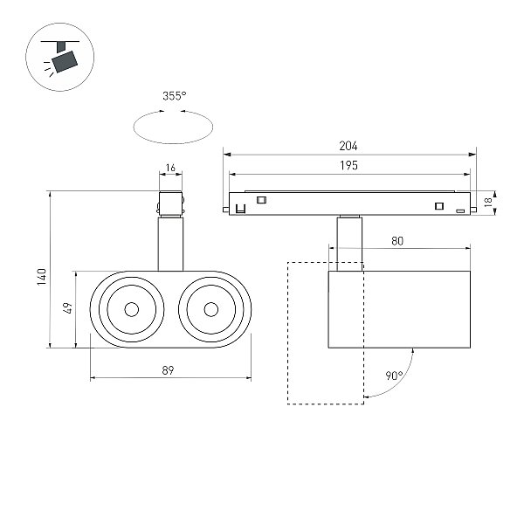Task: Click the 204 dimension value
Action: [348, 146]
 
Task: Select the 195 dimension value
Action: [348, 165]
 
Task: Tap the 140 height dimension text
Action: [42, 276]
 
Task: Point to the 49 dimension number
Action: [67, 307]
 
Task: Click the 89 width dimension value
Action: [168, 370]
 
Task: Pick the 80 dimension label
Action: [397, 241]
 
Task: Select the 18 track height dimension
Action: [488, 202]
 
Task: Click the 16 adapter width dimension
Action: [170, 168]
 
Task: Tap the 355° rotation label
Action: [174, 96]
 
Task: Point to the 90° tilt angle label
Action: [395, 376]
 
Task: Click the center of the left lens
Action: [131, 309]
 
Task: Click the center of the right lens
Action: [210, 309]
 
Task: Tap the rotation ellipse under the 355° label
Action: [173, 143]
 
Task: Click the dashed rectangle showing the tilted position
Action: [287, 334]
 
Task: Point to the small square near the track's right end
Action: [439, 206]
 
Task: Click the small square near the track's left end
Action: [260, 200]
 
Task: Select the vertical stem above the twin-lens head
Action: [170, 244]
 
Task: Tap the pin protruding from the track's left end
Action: [226, 210]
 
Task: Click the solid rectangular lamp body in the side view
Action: [399, 309]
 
